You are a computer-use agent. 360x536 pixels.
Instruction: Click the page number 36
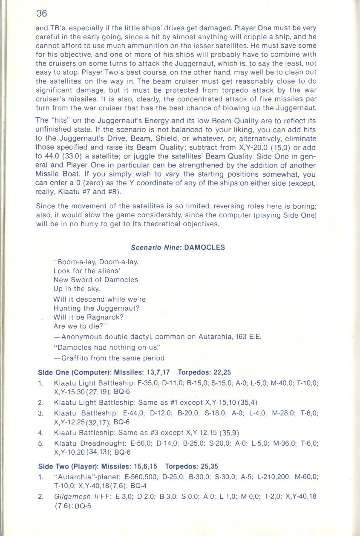tap(42, 14)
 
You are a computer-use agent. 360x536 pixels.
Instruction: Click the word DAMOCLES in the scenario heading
tap(204, 247)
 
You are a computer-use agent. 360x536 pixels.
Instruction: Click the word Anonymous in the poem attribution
tap(82, 337)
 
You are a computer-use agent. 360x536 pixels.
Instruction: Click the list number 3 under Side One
tap(40, 413)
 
